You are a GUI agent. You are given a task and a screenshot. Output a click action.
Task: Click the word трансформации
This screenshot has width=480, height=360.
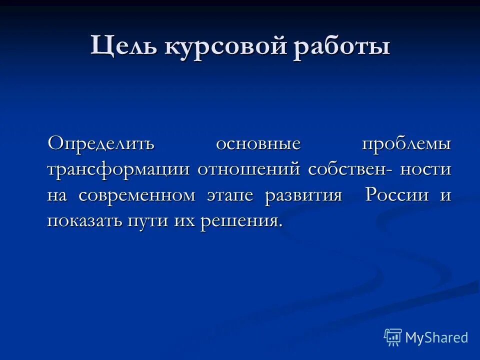point(118,169)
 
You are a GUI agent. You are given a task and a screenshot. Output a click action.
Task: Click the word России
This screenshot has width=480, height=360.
point(397,195)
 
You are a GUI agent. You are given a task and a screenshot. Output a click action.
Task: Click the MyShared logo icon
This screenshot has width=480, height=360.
point(392,337)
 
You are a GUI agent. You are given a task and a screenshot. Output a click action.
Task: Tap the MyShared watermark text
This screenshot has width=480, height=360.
point(436,338)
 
